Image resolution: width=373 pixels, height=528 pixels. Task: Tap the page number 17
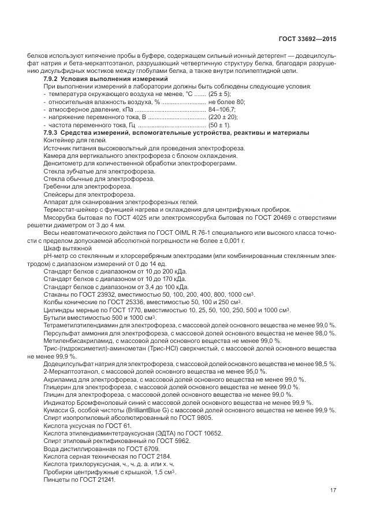tap(333, 491)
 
